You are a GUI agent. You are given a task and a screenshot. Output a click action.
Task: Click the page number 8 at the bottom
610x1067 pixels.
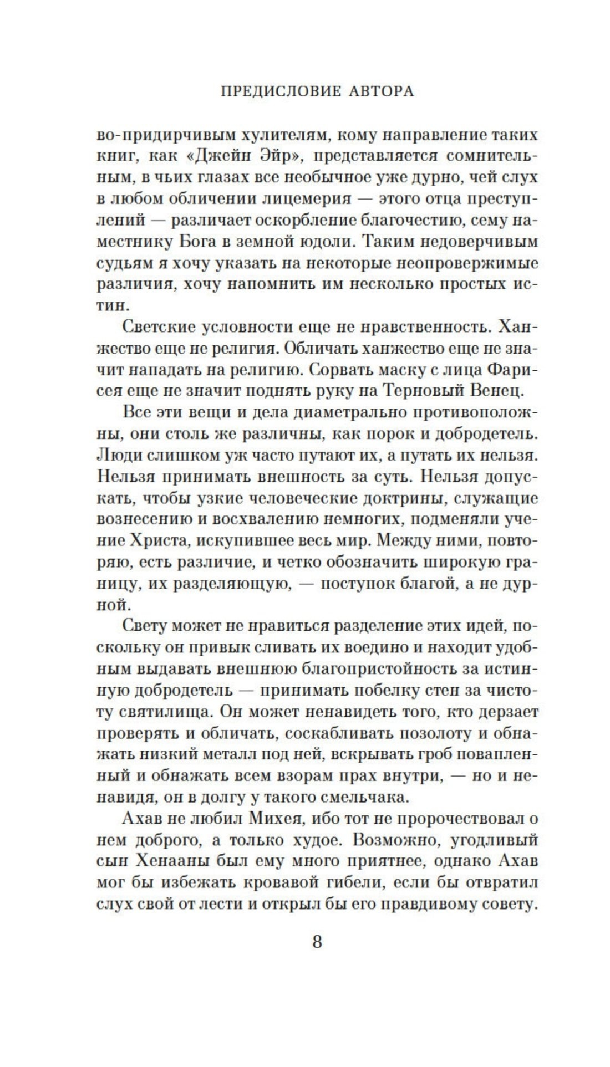click(317, 942)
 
